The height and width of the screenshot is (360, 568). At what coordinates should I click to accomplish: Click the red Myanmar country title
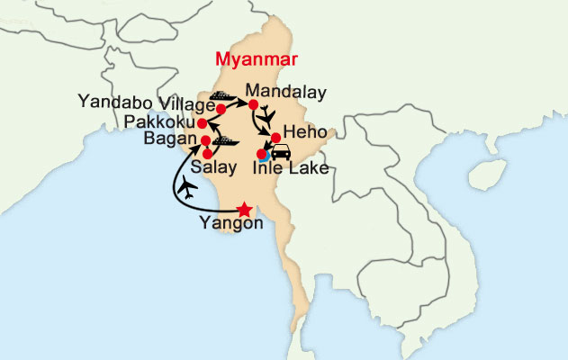pos(256,59)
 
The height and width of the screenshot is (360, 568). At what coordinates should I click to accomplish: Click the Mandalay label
pos(284,92)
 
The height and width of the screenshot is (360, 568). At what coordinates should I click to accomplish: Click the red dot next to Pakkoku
pos(203,122)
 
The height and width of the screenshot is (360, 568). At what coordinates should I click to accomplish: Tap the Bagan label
pos(169,139)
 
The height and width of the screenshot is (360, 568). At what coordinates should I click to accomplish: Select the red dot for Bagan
pos(205,140)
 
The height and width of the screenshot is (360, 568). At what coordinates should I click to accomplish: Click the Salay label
pos(215,168)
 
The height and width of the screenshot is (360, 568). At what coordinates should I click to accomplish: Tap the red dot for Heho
pos(275,137)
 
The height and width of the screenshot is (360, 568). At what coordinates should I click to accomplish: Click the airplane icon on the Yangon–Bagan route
pos(189,187)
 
